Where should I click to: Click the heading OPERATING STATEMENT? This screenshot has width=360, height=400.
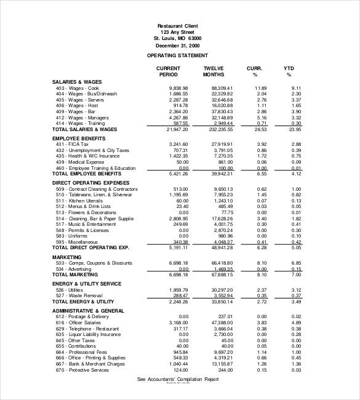[177, 55]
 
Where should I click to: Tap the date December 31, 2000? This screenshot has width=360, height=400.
[177, 46]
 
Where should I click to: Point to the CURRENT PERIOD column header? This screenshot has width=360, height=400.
[168, 71]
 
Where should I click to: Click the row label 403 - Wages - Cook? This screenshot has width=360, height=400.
[78, 88]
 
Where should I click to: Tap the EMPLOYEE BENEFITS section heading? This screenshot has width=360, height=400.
[79, 138]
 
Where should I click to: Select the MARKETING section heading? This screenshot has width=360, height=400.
[67, 257]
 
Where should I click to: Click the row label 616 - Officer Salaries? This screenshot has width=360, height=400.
[79, 322]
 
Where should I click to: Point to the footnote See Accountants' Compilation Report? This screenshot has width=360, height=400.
[177, 380]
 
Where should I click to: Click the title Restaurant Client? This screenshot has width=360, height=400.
[177, 25]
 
